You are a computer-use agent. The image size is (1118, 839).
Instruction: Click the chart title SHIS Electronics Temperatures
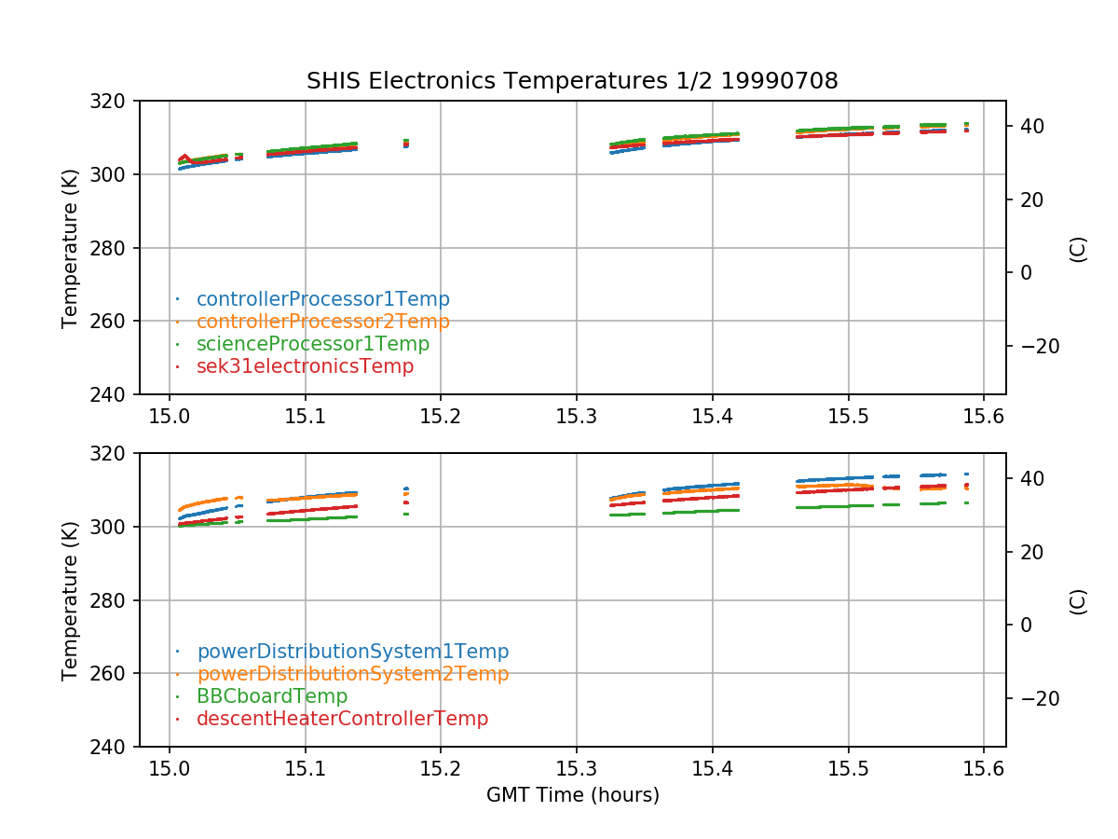pyautogui.click(x=572, y=81)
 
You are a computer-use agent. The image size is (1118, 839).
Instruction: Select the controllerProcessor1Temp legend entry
pyautogui.click(x=322, y=299)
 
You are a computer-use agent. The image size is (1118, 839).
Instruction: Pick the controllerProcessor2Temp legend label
pyautogui.click(x=322, y=322)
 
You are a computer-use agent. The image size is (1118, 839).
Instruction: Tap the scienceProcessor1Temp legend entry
pyautogui.click(x=312, y=344)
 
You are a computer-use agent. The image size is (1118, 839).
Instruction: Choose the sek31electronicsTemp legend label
pyautogui.click(x=305, y=366)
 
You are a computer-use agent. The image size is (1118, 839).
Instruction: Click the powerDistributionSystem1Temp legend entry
pyautogui.click(x=352, y=652)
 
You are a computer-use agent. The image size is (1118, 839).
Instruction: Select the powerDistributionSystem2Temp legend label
pyautogui.click(x=352, y=674)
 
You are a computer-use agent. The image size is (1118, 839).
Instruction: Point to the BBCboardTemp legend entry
pyautogui.click(x=272, y=696)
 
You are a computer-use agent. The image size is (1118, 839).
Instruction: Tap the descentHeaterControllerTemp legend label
pyautogui.click(x=342, y=719)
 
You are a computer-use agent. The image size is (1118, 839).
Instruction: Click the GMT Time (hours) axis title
pyautogui.click(x=572, y=795)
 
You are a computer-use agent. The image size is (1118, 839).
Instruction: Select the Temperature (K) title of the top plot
pyautogui.click(x=70, y=248)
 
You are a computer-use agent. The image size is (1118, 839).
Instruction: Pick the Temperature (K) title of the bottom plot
pyautogui.click(x=70, y=600)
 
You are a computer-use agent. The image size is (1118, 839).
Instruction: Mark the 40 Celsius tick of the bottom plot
pyautogui.click(x=1030, y=478)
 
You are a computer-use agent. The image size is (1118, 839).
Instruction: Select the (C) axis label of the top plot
pyautogui.click(x=1078, y=248)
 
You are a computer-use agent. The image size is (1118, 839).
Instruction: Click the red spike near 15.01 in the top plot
pyautogui.click(x=184, y=157)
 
